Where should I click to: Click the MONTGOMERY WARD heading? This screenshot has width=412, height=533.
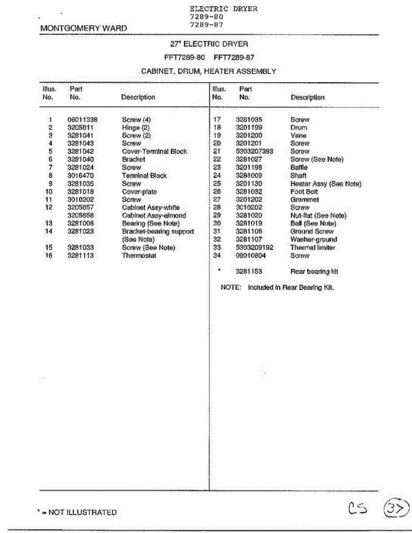pos(84,28)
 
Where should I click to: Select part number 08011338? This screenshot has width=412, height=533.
pos(82,119)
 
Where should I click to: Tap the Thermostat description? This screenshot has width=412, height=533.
pos(139,255)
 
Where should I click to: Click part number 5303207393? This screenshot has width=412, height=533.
pos(254,151)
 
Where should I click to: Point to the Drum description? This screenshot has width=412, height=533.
pos(299,127)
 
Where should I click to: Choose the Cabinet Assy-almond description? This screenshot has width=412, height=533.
pos(154,215)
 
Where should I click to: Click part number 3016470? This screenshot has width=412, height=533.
pos(80,175)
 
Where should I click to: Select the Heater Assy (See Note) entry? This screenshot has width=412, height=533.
pos(326,183)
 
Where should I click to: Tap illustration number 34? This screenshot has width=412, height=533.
pos(217,255)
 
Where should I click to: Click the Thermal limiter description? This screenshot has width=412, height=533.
pos(313,247)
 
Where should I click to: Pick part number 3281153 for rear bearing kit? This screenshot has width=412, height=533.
pos(249,271)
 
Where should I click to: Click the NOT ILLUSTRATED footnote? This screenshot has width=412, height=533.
pos(77,512)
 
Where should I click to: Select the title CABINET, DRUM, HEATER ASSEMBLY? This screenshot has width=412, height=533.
pos(208,71)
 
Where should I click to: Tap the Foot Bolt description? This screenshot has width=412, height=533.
pos(304,191)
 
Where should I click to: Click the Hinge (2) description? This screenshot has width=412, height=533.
pos(136,127)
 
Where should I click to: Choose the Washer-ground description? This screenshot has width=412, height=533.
pos(314,239)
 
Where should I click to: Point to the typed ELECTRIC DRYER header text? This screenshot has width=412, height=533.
pos(224,9)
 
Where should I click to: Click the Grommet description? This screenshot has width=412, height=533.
pos(304,199)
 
